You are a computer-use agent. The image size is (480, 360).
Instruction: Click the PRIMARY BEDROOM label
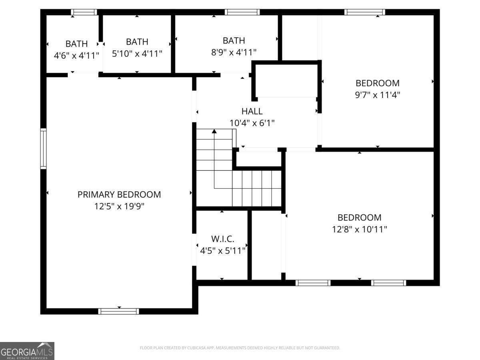119,195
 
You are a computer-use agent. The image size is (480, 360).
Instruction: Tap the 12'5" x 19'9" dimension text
119,206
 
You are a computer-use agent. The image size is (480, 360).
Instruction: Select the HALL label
252,112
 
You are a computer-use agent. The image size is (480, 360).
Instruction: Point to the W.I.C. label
223,239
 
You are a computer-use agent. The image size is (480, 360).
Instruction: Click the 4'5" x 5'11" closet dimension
223,251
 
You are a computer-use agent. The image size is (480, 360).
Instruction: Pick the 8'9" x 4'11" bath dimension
234,52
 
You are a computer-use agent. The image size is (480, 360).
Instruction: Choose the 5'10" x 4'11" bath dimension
137,53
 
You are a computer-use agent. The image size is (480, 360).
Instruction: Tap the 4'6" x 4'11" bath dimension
76,55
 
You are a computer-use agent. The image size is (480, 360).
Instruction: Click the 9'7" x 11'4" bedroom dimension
378,95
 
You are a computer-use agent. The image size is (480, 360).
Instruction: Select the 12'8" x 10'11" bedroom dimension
360,229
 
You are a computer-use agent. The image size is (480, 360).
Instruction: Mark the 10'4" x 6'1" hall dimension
252,123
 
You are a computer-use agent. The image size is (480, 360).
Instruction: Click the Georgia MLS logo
27,351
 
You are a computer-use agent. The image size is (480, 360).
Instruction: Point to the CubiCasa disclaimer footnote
240,348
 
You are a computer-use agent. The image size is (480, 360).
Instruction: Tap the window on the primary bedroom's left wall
43,148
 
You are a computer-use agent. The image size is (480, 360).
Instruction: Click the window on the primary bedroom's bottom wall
119,311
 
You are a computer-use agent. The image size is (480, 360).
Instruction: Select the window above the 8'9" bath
242,12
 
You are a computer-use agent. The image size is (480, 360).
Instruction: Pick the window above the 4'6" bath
84,12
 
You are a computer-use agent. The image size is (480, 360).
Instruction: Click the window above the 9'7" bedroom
364,12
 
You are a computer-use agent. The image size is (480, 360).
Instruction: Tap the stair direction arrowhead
214,131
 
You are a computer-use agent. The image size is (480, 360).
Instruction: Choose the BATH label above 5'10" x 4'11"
137,42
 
